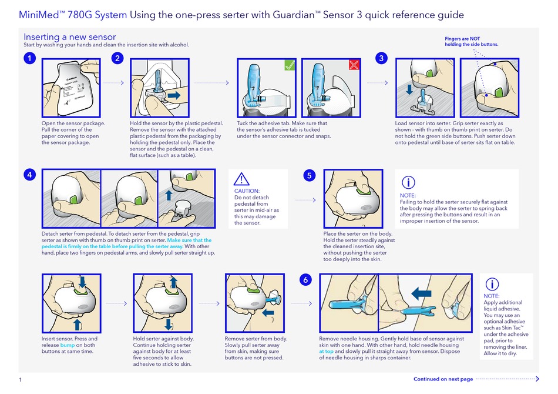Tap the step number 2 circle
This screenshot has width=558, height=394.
118,58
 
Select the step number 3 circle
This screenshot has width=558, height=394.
382,58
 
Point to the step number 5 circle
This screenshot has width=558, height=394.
310,175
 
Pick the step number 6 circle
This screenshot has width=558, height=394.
305,280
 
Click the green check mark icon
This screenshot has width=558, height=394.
288,65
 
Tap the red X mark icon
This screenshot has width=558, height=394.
354,65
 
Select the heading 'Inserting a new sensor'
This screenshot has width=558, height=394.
70,37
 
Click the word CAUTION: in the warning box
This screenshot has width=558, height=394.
247,191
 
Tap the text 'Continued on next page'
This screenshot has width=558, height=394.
443,379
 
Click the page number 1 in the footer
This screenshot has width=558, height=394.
21,380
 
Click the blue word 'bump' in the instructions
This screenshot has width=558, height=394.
68,345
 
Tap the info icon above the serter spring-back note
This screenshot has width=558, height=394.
409,182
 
